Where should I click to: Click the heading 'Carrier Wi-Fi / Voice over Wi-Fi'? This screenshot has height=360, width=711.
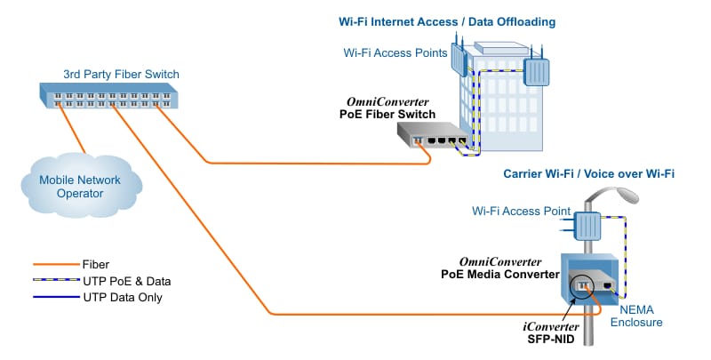pyautogui.click(x=588, y=173)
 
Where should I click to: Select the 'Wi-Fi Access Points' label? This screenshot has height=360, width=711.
pyautogui.click(x=394, y=52)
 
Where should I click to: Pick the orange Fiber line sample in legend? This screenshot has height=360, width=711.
pyautogui.click(x=54, y=264)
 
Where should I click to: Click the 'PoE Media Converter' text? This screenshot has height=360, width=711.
pyautogui.click(x=499, y=274)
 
